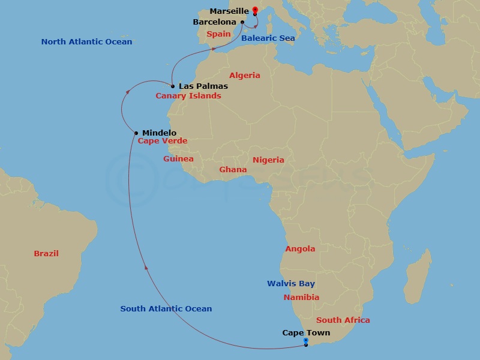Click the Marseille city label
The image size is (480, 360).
pos(229,11)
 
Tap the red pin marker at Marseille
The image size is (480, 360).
pos(255,10)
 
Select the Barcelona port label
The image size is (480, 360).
pos(214,22)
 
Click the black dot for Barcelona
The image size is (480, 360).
pos(242,22)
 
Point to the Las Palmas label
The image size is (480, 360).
pos(203,86)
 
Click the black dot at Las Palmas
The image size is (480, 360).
pos(173,86)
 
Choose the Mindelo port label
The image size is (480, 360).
pos(160,133)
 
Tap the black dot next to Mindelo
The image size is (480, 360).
pos(137,133)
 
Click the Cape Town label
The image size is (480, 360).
pos(306,332)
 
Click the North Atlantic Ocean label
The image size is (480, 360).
pos(86,42)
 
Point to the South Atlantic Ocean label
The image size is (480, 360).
pos(166,309)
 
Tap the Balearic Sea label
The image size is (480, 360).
pos(268,38)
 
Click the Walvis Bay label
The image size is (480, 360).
pos(291,284)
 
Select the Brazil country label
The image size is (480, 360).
pos(46,254)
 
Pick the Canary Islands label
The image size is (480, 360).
pos(188,96)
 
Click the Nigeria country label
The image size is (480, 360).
pos(268,160)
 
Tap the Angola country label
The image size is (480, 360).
pos(300,249)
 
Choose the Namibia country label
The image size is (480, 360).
pos(301,297)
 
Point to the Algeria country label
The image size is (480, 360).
pos(245,76)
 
